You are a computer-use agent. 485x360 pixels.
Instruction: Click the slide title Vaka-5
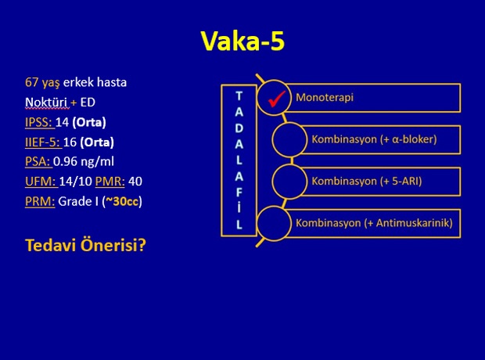(x=242, y=41)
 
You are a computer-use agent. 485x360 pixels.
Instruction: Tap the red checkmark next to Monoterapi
(x=276, y=99)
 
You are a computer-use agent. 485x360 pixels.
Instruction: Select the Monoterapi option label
(x=325, y=98)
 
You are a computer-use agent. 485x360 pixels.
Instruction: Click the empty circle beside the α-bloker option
(x=289, y=139)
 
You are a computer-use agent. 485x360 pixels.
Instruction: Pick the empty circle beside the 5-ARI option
(x=289, y=182)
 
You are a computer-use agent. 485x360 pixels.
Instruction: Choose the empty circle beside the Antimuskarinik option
(x=274, y=223)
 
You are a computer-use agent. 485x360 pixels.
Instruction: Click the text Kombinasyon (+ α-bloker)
(x=374, y=139)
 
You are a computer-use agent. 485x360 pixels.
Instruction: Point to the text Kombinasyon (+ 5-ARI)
(x=367, y=181)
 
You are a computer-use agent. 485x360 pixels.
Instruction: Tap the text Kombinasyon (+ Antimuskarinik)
(x=374, y=223)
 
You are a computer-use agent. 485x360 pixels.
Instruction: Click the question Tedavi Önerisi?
(x=85, y=245)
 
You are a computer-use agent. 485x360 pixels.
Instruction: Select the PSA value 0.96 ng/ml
(x=84, y=161)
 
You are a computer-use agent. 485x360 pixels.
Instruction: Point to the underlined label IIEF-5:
(x=42, y=142)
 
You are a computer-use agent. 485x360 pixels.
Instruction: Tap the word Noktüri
(x=46, y=103)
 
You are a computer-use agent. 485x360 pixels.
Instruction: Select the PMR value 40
(x=135, y=182)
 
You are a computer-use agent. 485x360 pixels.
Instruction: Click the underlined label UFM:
(x=41, y=182)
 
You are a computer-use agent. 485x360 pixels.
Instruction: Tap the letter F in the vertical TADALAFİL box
(x=239, y=193)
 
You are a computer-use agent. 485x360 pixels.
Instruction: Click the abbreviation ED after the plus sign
(x=88, y=103)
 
